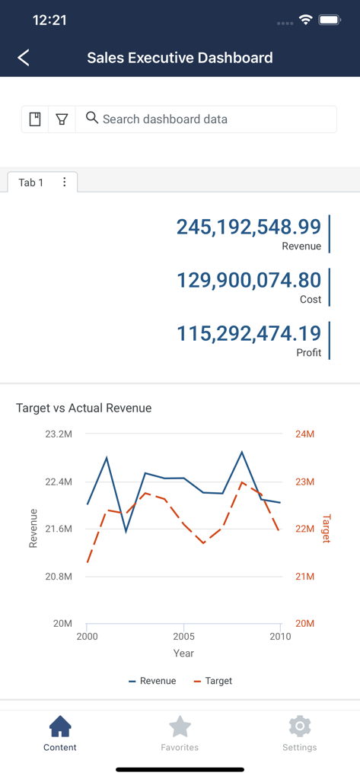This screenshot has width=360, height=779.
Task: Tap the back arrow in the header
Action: tap(24, 58)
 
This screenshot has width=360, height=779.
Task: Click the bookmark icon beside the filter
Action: tap(35, 119)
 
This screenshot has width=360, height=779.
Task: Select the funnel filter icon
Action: tap(62, 119)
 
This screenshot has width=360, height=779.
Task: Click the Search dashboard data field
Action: tap(205, 119)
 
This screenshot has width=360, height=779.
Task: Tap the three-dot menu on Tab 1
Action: tap(65, 183)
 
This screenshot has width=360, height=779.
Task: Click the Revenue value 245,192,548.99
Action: tap(249, 227)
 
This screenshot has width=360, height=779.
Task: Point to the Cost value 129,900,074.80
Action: tap(249, 280)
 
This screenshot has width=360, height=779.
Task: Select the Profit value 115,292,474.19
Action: tap(249, 333)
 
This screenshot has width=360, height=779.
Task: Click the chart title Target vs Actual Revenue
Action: tap(84, 409)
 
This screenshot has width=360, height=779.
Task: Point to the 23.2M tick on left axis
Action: tap(59, 434)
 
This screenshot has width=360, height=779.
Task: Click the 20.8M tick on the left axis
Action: tap(59, 577)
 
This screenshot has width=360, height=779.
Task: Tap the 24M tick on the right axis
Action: tap(304, 434)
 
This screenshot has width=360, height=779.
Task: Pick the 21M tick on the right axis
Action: tap(304, 577)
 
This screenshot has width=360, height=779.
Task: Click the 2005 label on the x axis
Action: tap(183, 637)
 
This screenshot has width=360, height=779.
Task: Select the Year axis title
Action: tap(183, 653)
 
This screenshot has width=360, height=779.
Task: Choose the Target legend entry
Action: tap(213, 681)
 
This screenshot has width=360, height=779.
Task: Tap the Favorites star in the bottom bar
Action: tap(180, 727)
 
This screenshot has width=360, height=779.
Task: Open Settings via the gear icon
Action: tap(299, 727)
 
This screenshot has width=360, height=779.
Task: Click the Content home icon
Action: tap(60, 727)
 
